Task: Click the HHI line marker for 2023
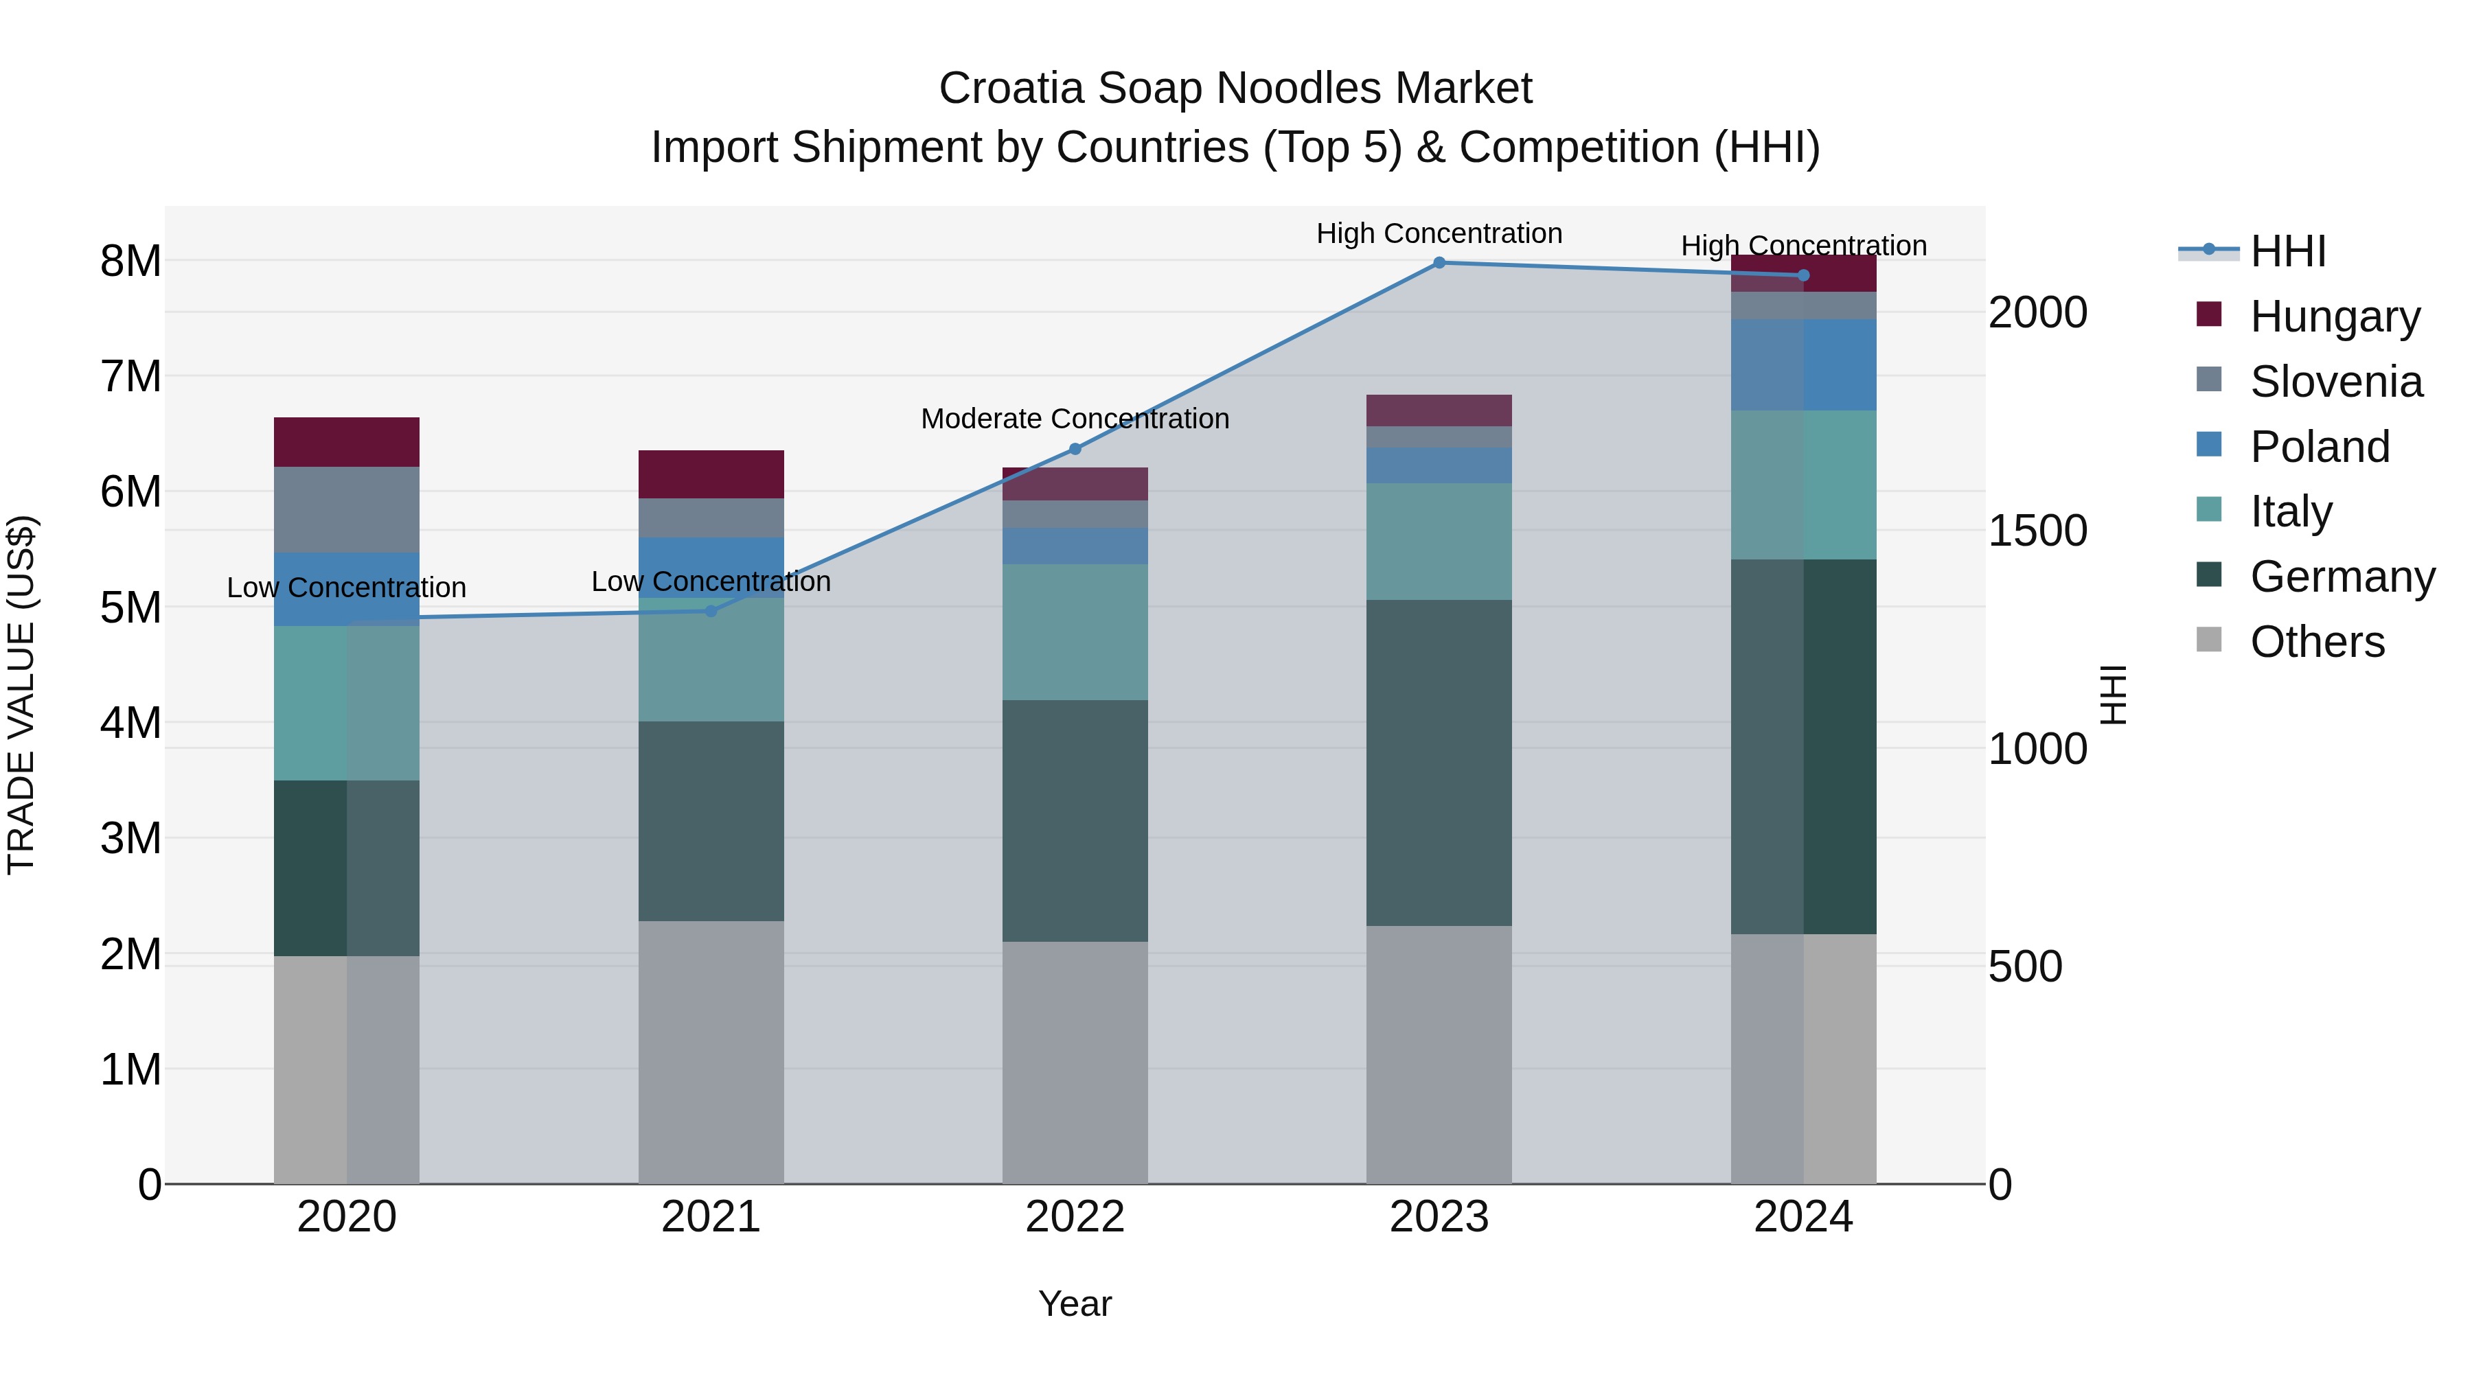pos(1439,263)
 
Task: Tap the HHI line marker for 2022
pos(1075,449)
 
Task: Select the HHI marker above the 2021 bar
pos(711,611)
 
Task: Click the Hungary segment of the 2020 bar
pos(347,442)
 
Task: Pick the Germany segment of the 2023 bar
pos(1439,763)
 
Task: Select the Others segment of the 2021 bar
pos(711,1052)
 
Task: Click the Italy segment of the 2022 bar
pos(1075,632)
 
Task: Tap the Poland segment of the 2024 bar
pos(1803,365)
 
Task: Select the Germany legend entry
pos(2342,577)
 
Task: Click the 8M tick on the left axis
pos(130,261)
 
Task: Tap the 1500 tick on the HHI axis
pos(2037,531)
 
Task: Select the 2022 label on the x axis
pos(1075,1217)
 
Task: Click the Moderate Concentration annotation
pos(1075,419)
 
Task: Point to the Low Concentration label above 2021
pos(711,581)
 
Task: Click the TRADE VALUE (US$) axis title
pos(21,695)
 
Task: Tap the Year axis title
pos(1075,1304)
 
